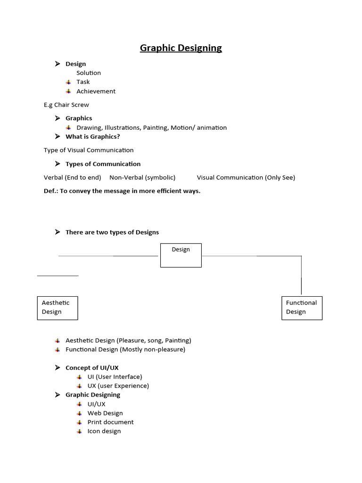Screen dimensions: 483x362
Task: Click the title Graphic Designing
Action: (x=181, y=48)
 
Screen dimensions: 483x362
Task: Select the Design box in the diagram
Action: (x=181, y=255)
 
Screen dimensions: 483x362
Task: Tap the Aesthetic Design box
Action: (x=58, y=308)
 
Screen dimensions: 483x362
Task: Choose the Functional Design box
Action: (x=302, y=308)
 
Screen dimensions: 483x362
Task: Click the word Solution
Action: (x=89, y=73)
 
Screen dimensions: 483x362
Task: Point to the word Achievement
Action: (x=96, y=92)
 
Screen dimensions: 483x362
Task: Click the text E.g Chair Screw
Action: (x=66, y=105)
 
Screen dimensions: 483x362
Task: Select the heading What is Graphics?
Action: (x=92, y=137)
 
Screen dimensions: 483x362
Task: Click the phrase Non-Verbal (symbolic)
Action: (x=142, y=178)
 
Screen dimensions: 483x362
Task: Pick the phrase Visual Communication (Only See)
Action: (x=246, y=178)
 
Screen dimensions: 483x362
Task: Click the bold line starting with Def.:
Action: (x=122, y=191)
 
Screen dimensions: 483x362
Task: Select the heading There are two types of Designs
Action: (x=112, y=232)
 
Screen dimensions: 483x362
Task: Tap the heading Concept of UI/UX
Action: (x=95, y=368)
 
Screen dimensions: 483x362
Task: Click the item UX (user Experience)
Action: (x=118, y=386)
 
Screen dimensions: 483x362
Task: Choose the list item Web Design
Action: (x=105, y=413)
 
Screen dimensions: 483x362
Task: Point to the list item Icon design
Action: (x=104, y=431)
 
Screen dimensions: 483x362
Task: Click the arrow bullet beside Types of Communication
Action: (x=58, y=164)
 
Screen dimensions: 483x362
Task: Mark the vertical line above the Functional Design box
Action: (x=301, y=275)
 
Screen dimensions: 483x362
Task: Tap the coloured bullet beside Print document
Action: (x=80, y=422)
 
